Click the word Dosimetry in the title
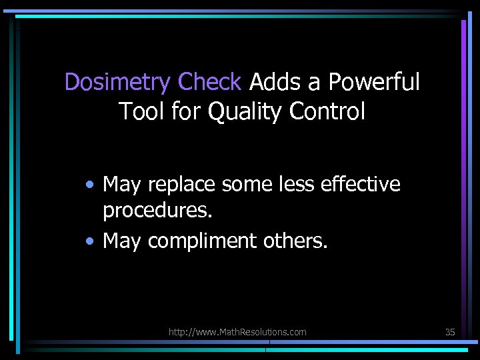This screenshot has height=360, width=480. click(x=117, y=83)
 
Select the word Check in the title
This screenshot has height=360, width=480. click(x=209, y=83)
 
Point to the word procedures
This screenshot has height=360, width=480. click(x=157, y=211)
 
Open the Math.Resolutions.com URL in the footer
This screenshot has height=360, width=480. click(x=237, y=331)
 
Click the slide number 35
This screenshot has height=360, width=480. click(x=450, y=331)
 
